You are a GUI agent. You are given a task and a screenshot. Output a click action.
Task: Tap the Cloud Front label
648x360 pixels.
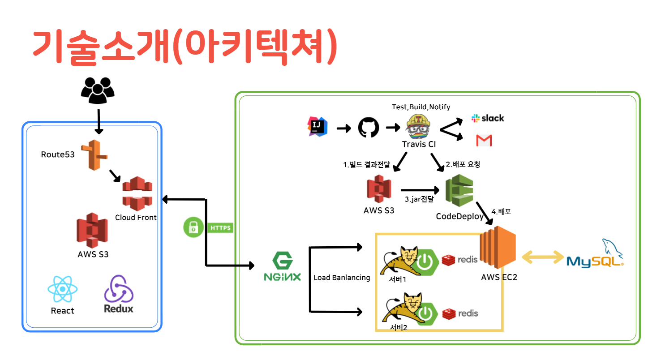coord(136,218)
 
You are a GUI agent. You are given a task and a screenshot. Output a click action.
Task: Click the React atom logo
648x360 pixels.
coord(62,289)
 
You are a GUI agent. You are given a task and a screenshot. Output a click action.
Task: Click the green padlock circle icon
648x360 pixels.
coord(193,227)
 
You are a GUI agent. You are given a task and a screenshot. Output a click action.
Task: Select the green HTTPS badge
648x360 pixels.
coord(220,228)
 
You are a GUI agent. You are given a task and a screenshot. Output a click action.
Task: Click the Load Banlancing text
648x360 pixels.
coord(342,278)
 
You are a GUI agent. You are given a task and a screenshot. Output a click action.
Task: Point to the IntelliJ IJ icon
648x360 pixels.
coord(318,127)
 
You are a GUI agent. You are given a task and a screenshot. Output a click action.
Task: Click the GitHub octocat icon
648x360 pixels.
coord(369,128)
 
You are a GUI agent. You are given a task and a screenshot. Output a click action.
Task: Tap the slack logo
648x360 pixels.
coord(488,118)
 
